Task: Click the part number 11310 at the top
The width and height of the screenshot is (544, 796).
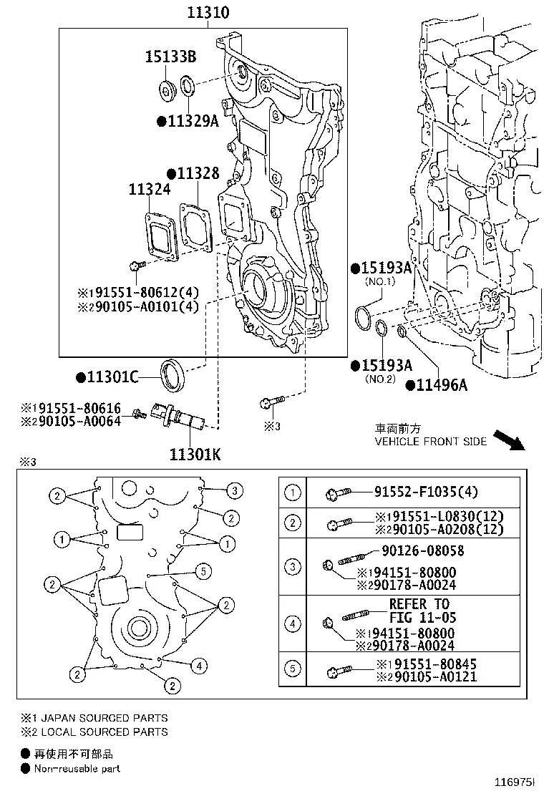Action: coord(208,13)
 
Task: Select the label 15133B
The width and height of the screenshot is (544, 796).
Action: coord(170,57)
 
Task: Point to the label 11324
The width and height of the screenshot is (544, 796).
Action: coord(150,190)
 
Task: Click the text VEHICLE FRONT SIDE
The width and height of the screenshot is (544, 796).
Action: coord(431,442)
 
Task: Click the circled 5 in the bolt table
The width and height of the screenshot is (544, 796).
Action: coord(293,669)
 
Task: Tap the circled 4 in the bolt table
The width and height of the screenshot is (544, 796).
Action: coord(293,623)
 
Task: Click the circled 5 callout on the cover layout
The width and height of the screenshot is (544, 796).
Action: coord(204,571)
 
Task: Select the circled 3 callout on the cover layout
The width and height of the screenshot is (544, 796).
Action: coord(233,491)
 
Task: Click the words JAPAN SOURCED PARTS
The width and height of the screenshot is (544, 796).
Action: coord(104,717)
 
